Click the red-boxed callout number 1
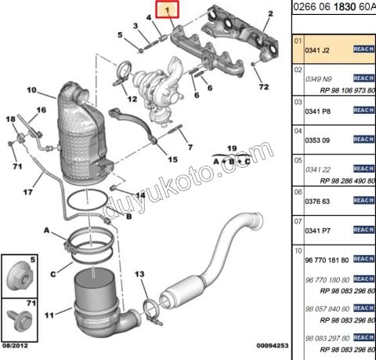pyautogui.click(x=166, y=10)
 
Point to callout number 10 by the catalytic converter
pyautogui.click(x=32, y=91)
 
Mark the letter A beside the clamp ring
pyautogui.click(x=47, y=231)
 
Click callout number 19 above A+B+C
pyautogui.click(x=232, y=147)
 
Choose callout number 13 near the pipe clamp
pyautogui.click(x=139, y=274)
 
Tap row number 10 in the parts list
pyautogui.click(x=298, y=250)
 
